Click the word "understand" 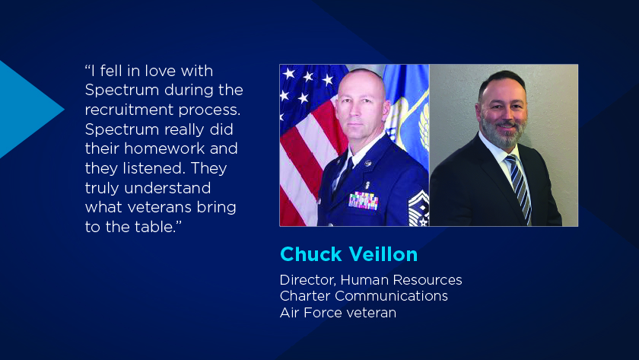pos(167,188)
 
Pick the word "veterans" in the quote pos(160,208)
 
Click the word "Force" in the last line pos(323,313)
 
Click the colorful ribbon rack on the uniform pos(363,201)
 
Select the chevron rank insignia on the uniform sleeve pos(418,209)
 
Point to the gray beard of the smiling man pos(504,131)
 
